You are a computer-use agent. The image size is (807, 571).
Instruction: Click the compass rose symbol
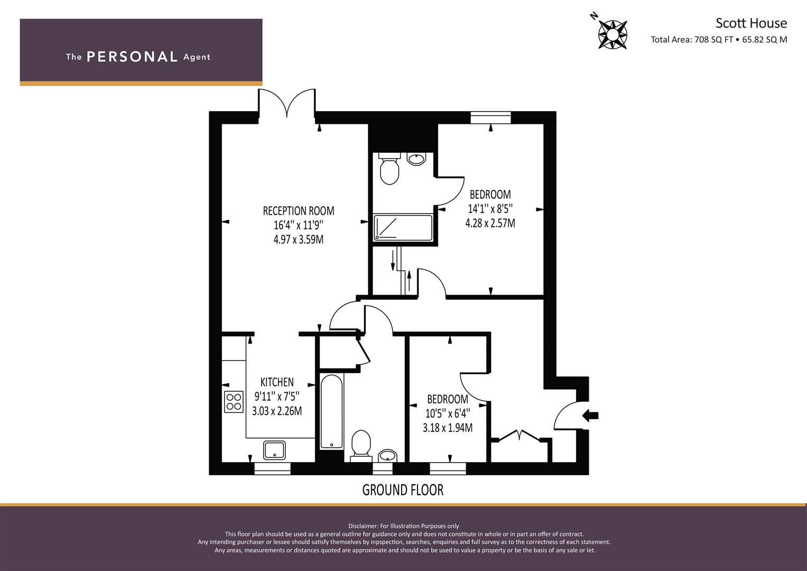pos(613,34)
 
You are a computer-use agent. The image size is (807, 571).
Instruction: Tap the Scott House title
pos(751,23)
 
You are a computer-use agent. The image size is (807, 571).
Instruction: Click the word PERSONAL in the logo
pos(132,57)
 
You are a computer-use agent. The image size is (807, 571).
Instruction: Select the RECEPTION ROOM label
pos(298,211)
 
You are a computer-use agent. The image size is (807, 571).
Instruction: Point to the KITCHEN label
pos(277,382)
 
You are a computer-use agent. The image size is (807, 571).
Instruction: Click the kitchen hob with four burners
pos(234,402)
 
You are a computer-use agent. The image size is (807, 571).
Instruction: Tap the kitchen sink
pos(274,450)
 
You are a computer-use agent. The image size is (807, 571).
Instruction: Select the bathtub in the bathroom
pos(331,412)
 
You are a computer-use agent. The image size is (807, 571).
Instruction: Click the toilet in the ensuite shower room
pos(389,169)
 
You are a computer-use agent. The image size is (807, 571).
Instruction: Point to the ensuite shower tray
pos(403,228)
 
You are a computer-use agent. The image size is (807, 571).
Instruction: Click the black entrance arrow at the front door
pos(590,415)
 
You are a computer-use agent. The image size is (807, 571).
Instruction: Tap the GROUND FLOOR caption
pos(403,490)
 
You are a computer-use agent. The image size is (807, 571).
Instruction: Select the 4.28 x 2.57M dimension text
pos(490,223)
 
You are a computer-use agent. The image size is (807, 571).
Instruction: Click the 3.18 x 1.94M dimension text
pos(448,428)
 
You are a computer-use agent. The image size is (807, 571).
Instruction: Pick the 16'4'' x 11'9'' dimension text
pos(298,225)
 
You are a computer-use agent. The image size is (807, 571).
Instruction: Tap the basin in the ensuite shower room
pos(416,159)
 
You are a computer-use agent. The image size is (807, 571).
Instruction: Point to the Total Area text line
pos(719,40)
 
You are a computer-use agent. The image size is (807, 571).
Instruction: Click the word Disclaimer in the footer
pos(363,526)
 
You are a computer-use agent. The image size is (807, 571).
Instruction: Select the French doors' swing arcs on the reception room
pos(287,103)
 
